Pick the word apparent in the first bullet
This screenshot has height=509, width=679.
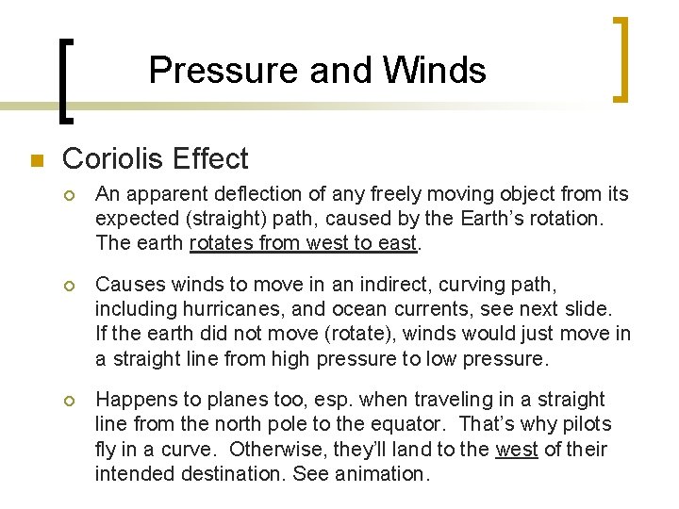pos(158,194)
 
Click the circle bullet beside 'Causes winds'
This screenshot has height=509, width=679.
pos(71,284)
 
